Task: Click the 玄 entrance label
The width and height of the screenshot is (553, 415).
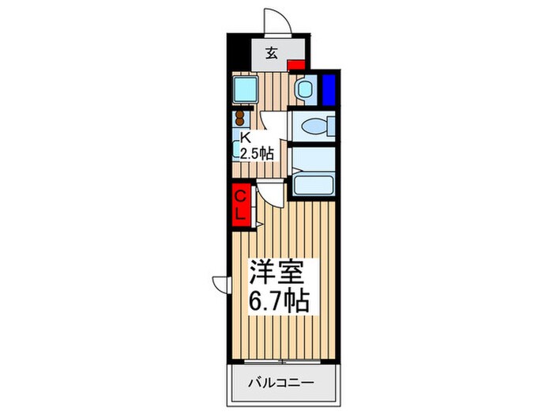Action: pyautogui.click(x=271, y=53)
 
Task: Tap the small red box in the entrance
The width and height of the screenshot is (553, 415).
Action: pyautogui.click(x=296, y=66)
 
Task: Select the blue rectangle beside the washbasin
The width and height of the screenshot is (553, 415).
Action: pyautogui.click(x=329, y=89)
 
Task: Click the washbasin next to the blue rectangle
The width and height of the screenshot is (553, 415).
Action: pyautogui.click(x=304, y=89)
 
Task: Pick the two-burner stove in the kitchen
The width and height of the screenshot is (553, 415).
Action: pyautogui.click(x=239, y=119)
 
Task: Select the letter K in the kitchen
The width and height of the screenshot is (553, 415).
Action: pyautogui.click(x=245, y=137)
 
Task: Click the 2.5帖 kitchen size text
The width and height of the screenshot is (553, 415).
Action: pyautogui.click(x=257, y=153)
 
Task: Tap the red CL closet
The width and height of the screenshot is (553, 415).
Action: pyautogui.click(x=242, y=203)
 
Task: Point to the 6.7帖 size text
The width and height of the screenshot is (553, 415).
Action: pyautogui.click(x=280, y=301)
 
